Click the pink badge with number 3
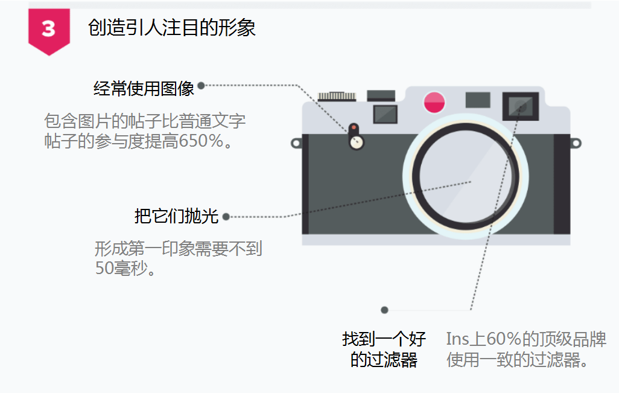tap(48, 30)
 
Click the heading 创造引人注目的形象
tap(172, 28)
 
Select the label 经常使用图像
tap(144, 89)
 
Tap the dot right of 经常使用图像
tap(201, 86)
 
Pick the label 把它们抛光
tap(176, 216)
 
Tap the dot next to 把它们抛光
tap(226, 217)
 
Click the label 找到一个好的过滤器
tap(384, 350)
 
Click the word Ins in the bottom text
tap(457, 339)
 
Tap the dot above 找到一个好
tap(384, 310)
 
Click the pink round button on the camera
tap(434, 102)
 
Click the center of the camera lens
tap(469, 181)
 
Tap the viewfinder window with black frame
tap(520, 106)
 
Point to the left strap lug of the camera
tap(296, 143)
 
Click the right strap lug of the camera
tap(576, 143)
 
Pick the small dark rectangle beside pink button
tap(478, 100)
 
